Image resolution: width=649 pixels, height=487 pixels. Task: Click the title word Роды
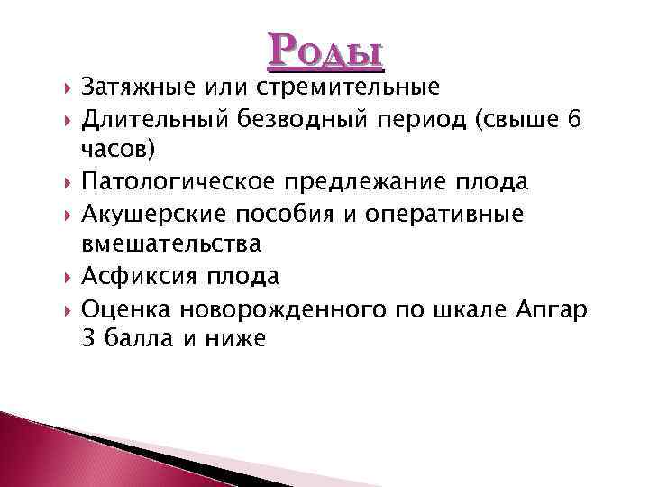(x=325, y=51)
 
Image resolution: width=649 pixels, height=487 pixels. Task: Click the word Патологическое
(x=180, y=182)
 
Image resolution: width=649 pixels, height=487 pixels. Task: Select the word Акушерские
(x=150, y=214)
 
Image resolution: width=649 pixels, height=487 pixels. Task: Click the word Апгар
(x=553, y=308)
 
